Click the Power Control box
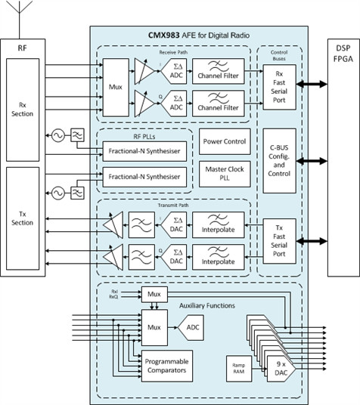tap(225, 141)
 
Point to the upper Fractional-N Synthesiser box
tap(143, 150)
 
